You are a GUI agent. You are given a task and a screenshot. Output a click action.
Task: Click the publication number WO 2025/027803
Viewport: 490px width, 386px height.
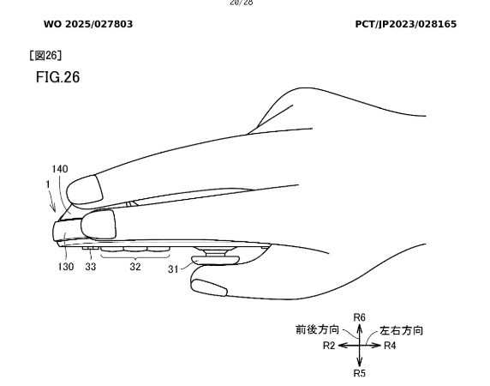[x=88, y=24]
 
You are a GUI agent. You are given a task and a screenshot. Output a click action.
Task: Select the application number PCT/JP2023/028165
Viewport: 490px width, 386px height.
[x=406, y=24]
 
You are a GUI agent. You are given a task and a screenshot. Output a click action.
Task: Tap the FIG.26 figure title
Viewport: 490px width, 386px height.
[x=57, y=77]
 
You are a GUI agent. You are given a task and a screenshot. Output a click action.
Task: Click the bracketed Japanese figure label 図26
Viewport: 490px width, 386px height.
[x=45, y=56]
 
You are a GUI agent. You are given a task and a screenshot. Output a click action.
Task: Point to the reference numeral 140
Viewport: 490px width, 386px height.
[x=60, y=169]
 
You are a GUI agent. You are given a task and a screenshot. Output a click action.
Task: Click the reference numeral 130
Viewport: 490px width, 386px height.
[x=66, y=267]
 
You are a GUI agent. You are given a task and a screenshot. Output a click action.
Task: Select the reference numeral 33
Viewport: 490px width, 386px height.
[x=91, y=267]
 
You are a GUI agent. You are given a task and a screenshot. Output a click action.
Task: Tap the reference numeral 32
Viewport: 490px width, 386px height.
[x=135, y=267]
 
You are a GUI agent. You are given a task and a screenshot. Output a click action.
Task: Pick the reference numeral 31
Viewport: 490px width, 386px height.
[x=173, y=269]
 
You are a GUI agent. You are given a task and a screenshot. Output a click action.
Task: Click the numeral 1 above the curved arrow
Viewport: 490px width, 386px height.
[x=48, y=184]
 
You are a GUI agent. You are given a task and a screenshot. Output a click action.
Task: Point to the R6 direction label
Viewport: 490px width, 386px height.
[x=360, y=317]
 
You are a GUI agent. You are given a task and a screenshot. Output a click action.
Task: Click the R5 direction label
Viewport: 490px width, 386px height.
[x=360, y=373]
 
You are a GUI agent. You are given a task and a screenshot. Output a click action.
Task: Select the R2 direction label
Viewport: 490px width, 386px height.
[x=329, y=346]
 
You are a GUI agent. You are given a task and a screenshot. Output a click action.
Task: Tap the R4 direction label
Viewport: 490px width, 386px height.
[x=390, y=346]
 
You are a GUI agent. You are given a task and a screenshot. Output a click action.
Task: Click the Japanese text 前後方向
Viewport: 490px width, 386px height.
[x=317, y=329]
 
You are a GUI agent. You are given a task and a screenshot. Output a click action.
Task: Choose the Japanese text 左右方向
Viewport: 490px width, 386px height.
[x=402, y=330]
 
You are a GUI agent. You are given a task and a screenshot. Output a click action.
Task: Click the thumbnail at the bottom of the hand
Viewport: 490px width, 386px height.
[x=209, y=287]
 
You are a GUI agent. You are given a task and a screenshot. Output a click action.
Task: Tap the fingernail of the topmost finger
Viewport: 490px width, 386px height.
[x=86, y=190]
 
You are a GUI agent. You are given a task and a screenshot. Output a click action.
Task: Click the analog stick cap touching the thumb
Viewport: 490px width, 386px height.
[x=215, y=260]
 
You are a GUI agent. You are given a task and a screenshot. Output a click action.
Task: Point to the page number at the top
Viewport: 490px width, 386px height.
[x=242, y=3]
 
